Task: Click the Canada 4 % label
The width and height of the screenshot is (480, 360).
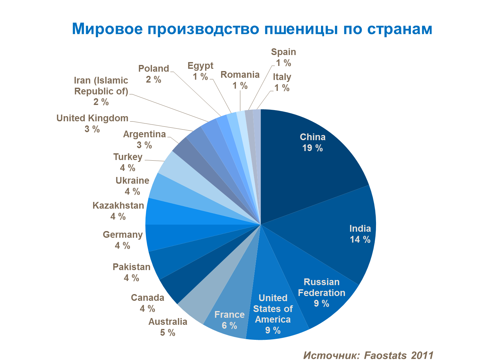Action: pos(148,303)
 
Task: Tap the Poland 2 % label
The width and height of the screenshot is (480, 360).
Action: pos(154,74)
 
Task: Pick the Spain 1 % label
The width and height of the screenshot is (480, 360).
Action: pos(284,57)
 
